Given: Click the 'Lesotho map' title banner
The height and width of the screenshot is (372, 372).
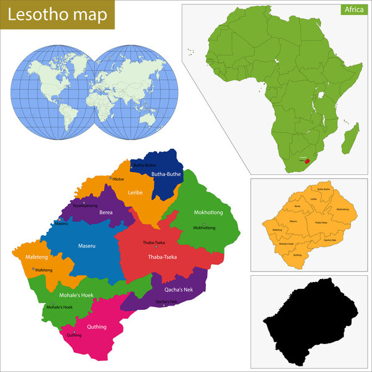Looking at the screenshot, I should click(x=57, y=14).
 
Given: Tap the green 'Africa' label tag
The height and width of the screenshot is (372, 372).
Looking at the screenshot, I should click(x=350, y=9).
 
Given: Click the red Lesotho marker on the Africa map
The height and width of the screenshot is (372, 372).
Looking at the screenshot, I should click(x=306, y=161).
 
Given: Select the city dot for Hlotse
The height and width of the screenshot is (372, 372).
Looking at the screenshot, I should click(x=111, y=179).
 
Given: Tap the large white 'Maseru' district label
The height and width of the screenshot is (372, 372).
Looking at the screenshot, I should click(x=87, y=246).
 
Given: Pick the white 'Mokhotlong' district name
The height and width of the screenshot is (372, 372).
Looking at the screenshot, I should click(x=208, y=213).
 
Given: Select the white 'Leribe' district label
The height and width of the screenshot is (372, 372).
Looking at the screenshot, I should click(x=135, y=192).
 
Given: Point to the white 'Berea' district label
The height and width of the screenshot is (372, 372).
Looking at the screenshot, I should click(x=105, y=212).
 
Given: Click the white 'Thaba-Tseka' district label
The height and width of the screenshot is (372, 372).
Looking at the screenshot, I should click(x=162, y=256).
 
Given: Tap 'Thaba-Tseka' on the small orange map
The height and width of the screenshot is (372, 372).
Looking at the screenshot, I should click(x=321, y=222).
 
